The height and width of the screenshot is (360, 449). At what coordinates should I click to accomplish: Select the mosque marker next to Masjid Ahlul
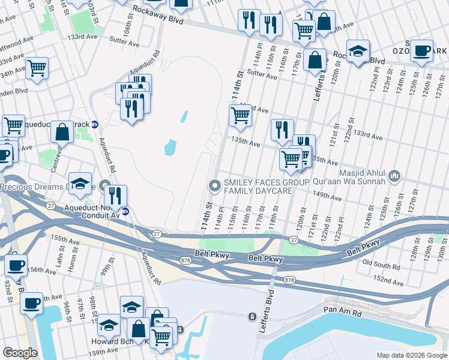coord(394,176)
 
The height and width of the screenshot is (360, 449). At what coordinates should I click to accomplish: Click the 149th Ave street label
coord(327,196)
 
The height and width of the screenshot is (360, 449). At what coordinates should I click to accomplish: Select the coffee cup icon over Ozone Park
coord(422,50)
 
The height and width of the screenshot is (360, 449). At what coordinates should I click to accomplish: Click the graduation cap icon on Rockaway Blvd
coord(358,51)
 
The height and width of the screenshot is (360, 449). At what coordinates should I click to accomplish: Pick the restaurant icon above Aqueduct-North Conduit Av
coord(115,195)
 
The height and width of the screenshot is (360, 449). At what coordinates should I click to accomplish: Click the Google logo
coord(20,352)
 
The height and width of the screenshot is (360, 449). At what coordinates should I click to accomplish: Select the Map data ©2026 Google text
coord(412,355)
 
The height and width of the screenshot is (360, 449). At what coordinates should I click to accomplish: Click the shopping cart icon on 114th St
coord(240,115)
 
